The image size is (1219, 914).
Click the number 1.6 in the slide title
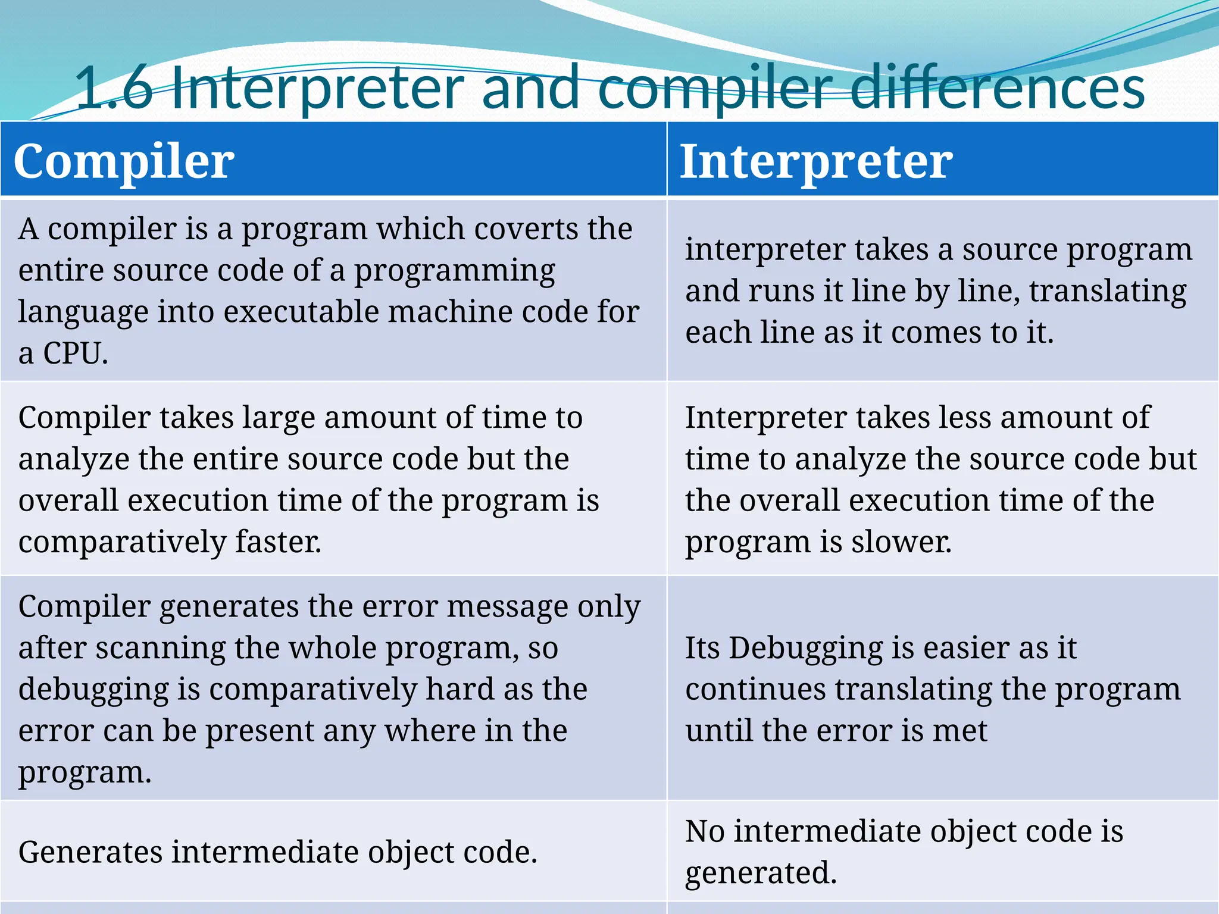point(113,89)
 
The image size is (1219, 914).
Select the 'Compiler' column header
point(124,161)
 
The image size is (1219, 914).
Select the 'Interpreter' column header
point(816,161)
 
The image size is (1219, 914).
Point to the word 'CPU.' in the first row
point(75,353)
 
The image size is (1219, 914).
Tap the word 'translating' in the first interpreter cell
point(1108,292)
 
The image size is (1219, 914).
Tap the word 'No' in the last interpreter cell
point(704,831)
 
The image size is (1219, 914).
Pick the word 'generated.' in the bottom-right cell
point(761,873)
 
